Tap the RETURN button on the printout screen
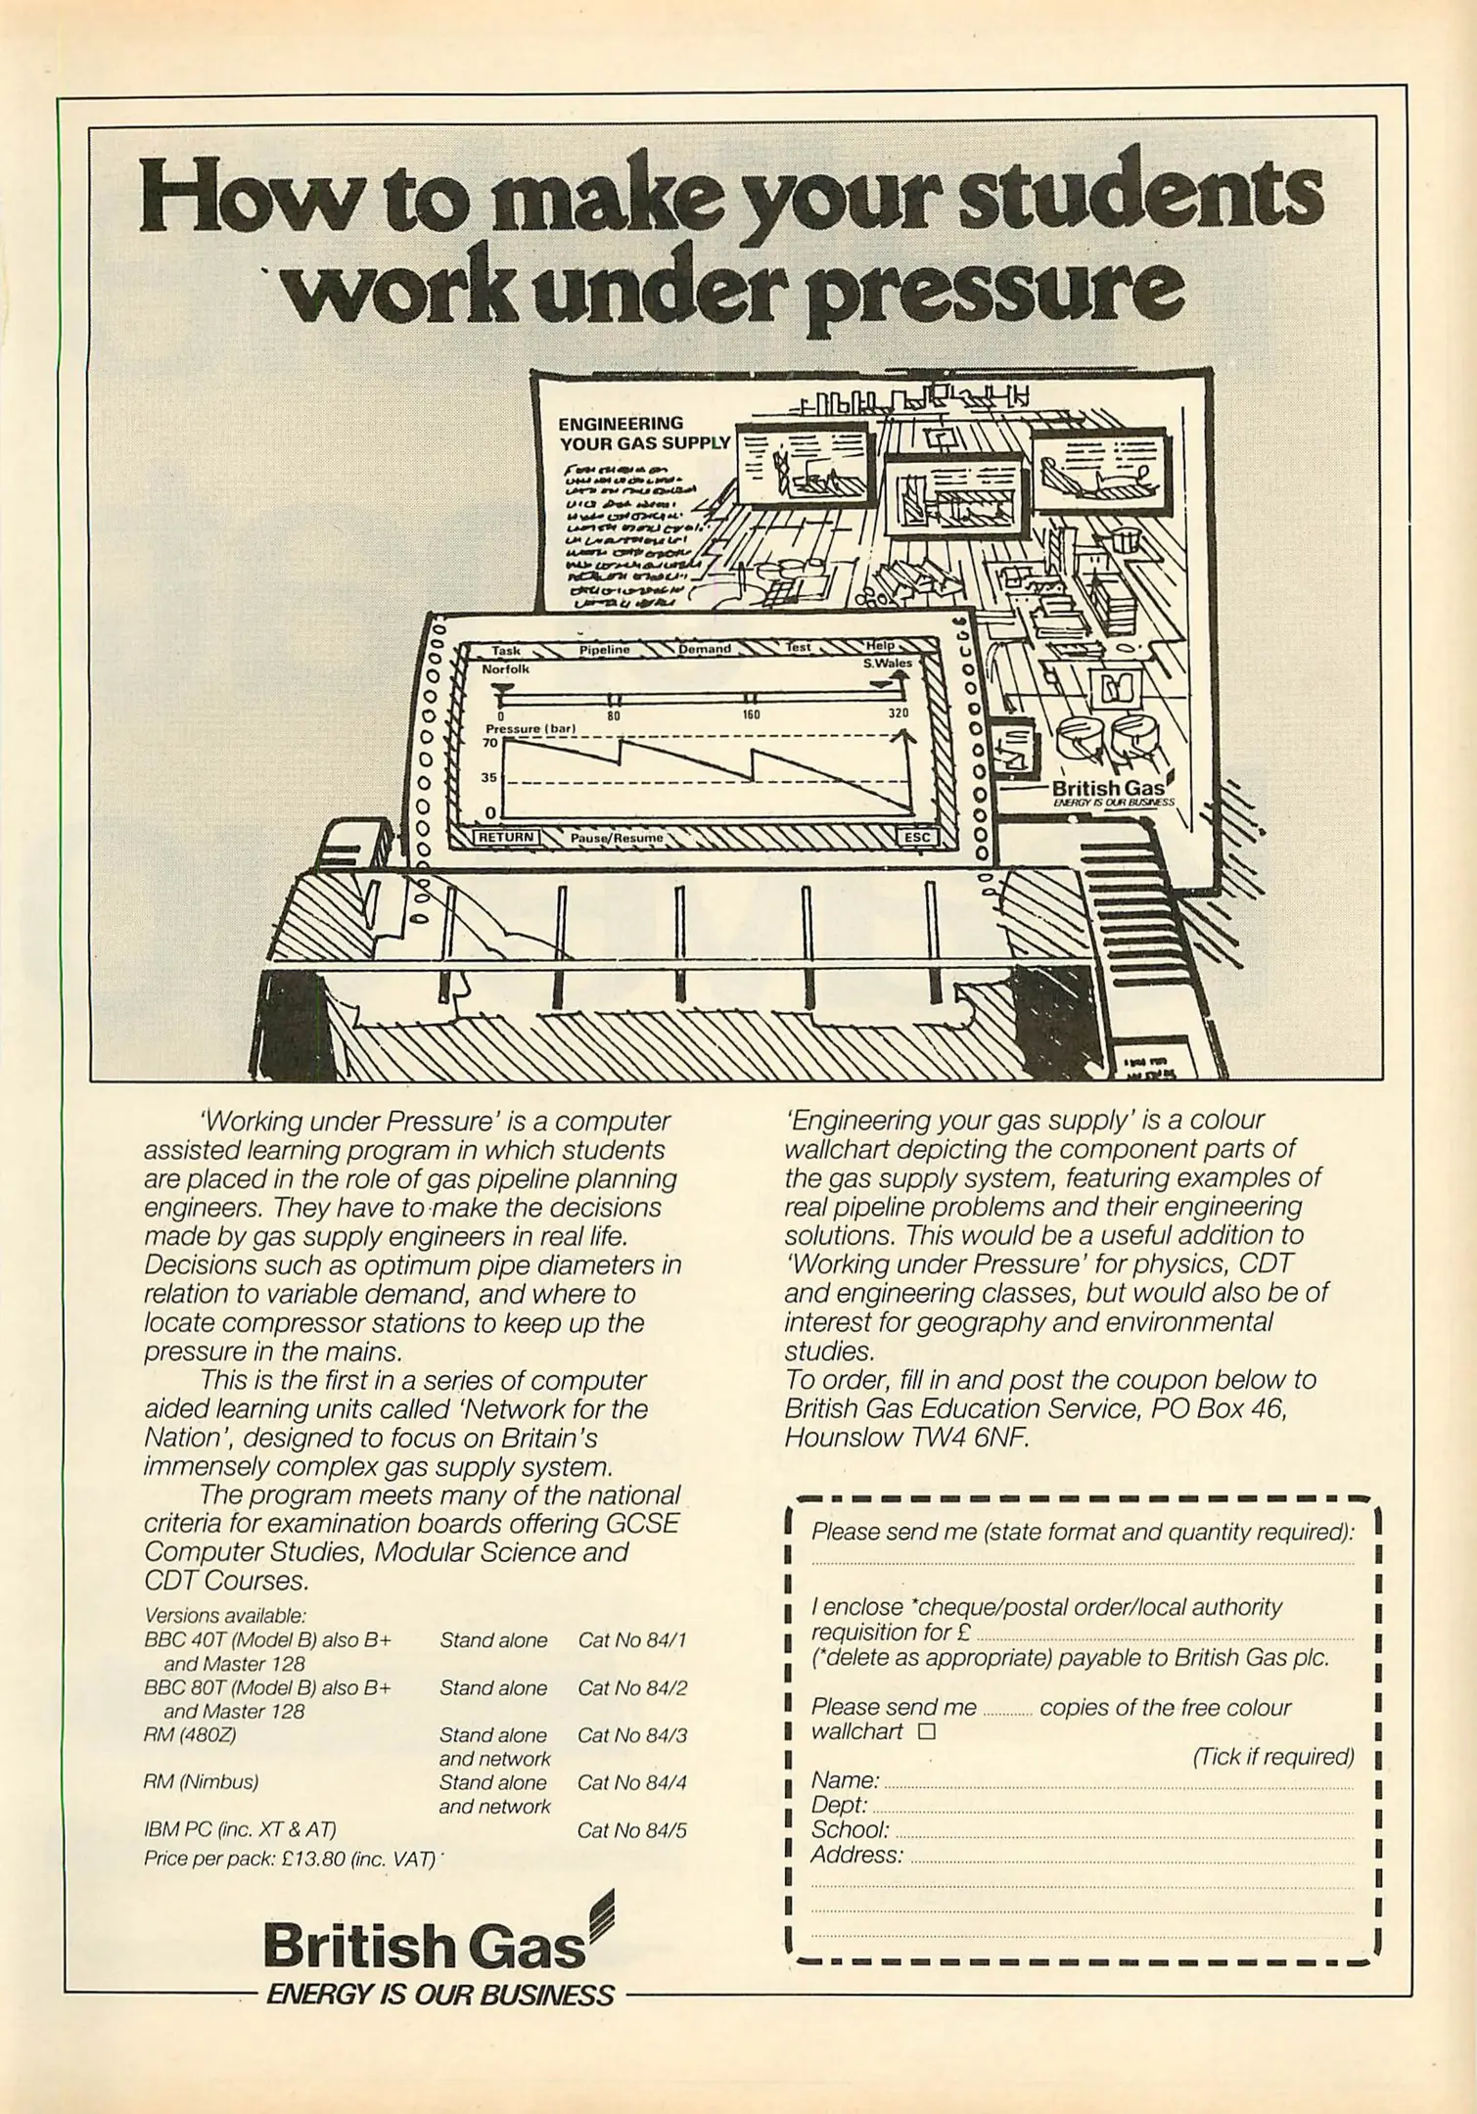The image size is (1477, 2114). click(505, 837)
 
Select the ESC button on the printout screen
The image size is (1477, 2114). click(917, 837)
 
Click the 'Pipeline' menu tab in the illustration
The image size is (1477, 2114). click(604, 649)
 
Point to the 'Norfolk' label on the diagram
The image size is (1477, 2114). click(505, 669)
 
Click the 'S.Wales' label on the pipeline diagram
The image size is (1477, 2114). click(887, 663)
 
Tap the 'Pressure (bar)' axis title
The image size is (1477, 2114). click(531, 728)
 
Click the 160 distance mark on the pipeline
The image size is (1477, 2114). click(751, 714)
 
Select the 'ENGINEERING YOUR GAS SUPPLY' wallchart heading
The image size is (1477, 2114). click(643, 433)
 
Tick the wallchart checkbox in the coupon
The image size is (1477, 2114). click(926, 1731)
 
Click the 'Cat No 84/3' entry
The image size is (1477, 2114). click(632, 1735)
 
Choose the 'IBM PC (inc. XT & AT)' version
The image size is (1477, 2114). click(240, 1829)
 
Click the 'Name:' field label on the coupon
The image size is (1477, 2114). click(845, 1779)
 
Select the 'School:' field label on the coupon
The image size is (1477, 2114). click(850, 1829)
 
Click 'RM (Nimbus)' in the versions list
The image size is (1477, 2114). click(201, 1781)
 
